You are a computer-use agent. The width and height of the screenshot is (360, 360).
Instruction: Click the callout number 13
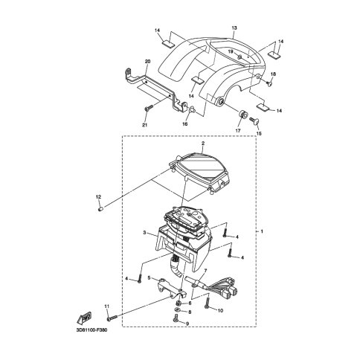point(234,28)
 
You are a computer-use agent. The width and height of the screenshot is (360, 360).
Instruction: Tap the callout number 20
point(147,61)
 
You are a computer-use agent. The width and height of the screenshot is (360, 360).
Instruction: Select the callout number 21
point(144,125)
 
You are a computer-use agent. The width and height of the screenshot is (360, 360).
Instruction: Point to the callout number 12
point(98,197)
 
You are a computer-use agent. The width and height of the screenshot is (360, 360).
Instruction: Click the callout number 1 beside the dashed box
point(262,231)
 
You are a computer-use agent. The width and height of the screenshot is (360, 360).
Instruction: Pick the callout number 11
point(107,306)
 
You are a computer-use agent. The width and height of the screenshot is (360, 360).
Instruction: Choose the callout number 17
point(238,131)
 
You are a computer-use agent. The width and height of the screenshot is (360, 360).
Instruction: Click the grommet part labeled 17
point(242,115)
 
